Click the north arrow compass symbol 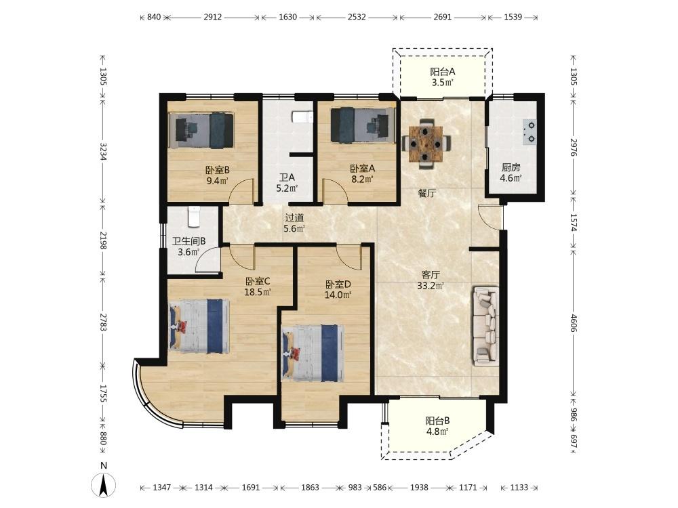click(x=104, y=485)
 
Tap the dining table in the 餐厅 click(x=426, y=142)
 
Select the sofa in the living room click(x=486, y=326)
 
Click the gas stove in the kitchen click(x=530, y=132)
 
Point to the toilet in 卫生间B click(x=194, y=217)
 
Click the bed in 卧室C click(x=199, y=326)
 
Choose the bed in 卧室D click(x=313, y=354)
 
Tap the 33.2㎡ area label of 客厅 click(x=431, y=286)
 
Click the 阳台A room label click(x=442, y=72)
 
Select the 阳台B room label click(x=437, y=421)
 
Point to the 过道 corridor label click(x=294, y=218)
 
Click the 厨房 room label click(x=511, y=167)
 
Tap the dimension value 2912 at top click(x=213, y=17)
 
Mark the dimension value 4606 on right click(x=574, y=323)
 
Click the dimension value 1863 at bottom click(x=310, y=487)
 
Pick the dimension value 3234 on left click(x=103, y=152)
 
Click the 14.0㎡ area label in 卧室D click(x=338, y=295)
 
